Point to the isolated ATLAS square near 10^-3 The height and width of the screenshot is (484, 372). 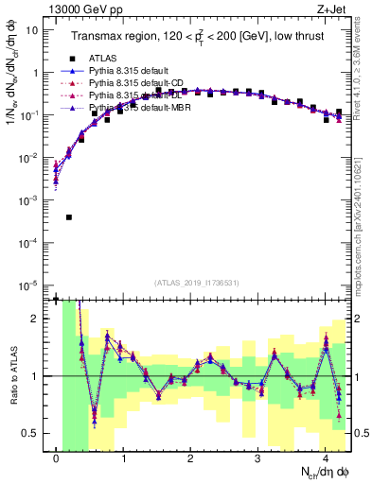tap(69, 216)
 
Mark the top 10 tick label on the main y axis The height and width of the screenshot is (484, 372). tap(31, 30)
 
